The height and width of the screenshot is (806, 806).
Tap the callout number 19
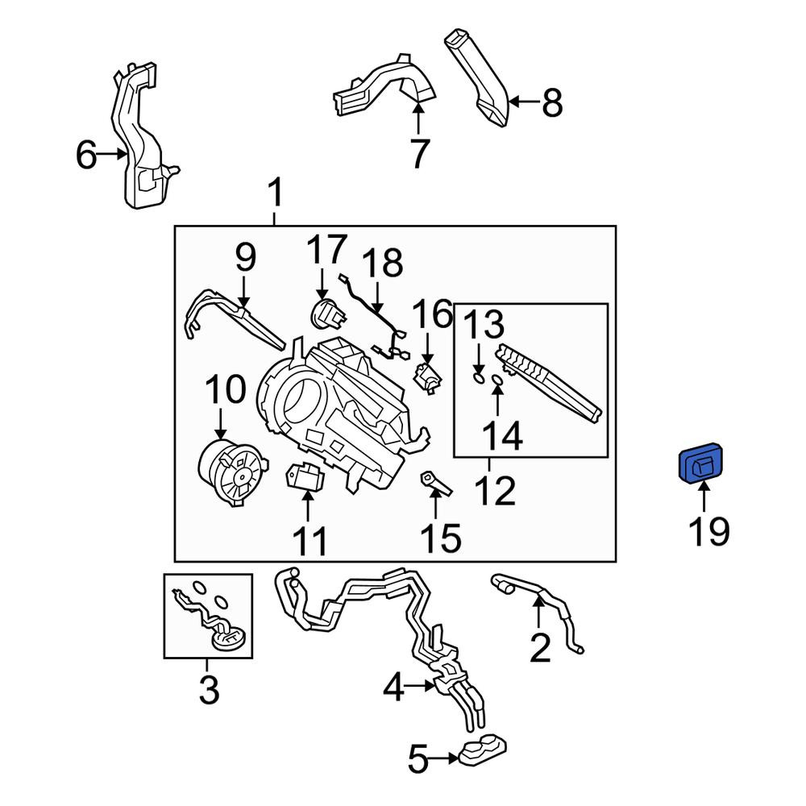[x=708, y=531]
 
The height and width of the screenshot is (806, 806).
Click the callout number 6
[x=86, y=155]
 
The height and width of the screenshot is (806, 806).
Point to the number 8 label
[x=553, y=103]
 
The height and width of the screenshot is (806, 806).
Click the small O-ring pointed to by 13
[x=478, y=379]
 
